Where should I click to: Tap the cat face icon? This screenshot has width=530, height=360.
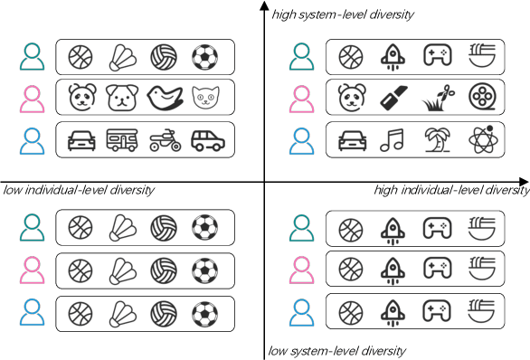205,97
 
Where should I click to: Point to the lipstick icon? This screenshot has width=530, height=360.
393,97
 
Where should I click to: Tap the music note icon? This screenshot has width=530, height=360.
393,140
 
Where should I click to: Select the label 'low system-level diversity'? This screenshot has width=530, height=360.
336,351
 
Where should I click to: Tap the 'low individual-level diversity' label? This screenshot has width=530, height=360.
79,190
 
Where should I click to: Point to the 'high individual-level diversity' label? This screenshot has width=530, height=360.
451,190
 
